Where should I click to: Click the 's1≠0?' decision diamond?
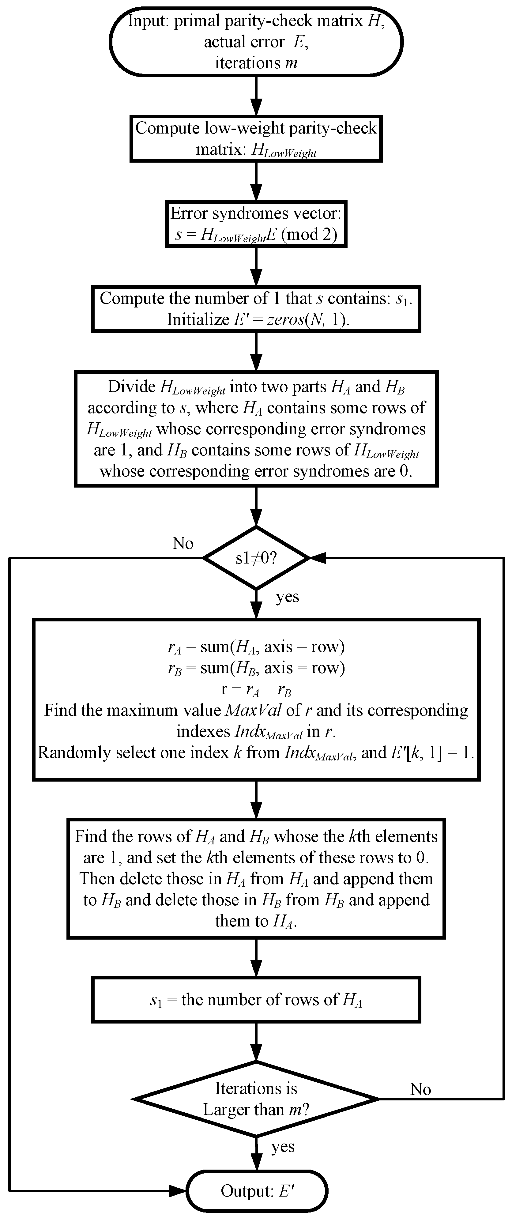point(256,558)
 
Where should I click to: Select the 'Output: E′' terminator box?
point(257,1190)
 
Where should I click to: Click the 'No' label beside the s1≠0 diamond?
point(183,543)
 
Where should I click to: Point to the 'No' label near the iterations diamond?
point(420,1089)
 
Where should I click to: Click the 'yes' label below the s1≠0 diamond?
point(288,596)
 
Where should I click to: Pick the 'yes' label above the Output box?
point(283,1147)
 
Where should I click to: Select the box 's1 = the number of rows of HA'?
point(256,1000)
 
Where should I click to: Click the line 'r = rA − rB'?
point(256,689)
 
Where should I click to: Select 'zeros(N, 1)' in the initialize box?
point(307,320)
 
